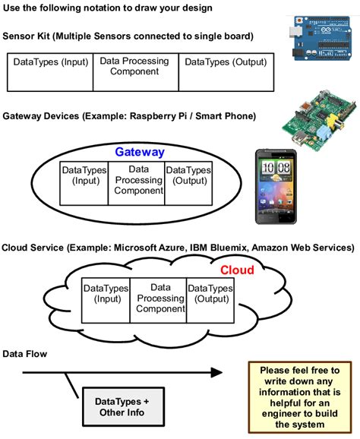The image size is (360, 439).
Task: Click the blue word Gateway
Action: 140,152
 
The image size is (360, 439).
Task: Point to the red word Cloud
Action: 237,270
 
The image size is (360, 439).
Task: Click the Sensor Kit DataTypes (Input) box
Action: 50,71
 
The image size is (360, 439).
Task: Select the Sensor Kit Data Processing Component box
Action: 135,71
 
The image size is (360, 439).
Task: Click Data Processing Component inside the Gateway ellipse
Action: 138,181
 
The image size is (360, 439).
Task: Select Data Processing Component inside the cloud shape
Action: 159,298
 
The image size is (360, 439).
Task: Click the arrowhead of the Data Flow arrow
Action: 216,372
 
